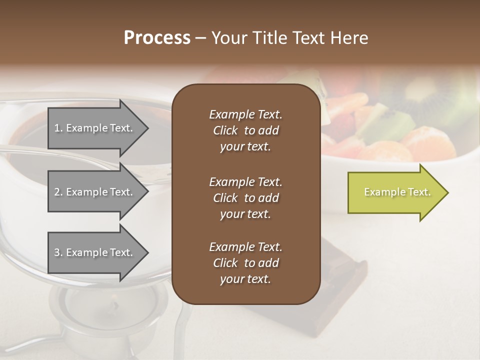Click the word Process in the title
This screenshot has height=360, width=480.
157,38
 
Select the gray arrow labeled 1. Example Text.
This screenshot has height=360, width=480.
95,128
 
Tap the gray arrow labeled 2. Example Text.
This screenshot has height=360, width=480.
95,192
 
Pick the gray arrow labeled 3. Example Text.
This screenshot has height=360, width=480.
95,252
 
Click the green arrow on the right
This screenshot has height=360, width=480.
395,192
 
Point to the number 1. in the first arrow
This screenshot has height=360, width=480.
58,128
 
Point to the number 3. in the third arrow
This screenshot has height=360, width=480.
58,252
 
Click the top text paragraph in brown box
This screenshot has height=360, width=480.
245,130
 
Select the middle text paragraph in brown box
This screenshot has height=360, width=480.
245,197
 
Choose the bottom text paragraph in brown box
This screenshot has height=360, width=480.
245,263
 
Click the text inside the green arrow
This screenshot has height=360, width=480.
397,192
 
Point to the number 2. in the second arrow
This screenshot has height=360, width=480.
58,192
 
